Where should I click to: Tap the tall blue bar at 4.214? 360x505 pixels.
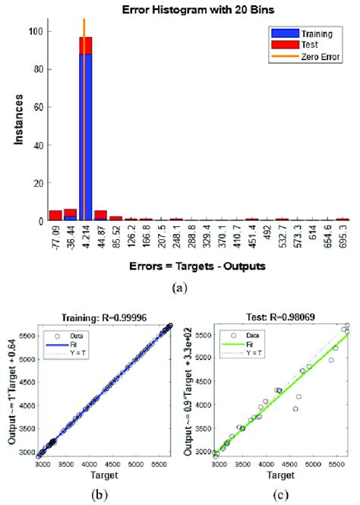tap(84, 137)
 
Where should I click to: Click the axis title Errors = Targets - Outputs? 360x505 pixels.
tap(187, 268)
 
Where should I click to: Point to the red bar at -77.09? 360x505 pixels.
tap(55, 216)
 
